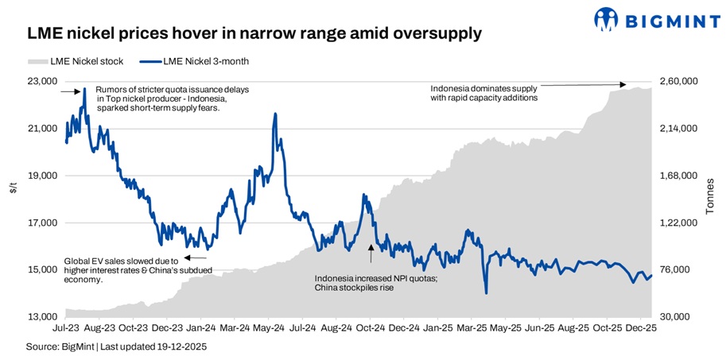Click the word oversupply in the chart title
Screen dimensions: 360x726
click(435, 34)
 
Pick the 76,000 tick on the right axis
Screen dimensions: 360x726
click(674, 270)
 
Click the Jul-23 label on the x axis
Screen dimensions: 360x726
click(65, 327)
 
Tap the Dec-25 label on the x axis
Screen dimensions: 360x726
click(641, 327)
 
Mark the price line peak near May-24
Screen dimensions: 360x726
click(275, 114)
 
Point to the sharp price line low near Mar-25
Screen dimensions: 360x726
click(485, 293)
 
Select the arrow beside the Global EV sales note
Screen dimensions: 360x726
click(195, 257)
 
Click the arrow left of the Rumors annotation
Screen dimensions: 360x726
click(70, 92)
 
